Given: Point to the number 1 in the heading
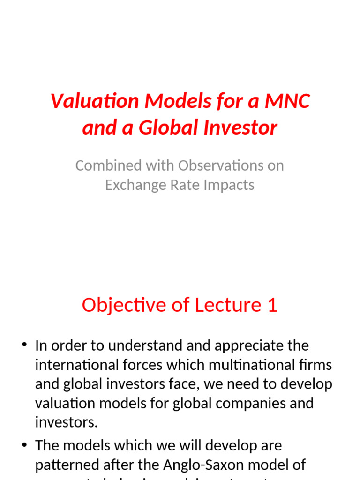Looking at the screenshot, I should (272, 305).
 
